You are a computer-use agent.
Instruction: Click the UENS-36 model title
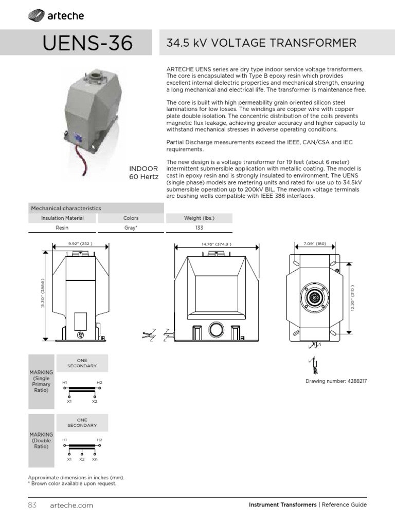click(x=88, y=43)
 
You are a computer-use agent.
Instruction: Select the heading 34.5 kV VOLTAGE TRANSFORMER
click(x=261, y=43)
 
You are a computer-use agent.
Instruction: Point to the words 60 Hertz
click(x=143, y=177)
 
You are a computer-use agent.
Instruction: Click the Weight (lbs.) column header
click(x=199, y=218)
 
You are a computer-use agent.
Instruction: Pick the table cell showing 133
click(x=199, y=228)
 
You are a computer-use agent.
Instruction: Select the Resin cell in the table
click(x=62, y=228)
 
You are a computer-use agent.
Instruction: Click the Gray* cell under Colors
click(x=131, y=228)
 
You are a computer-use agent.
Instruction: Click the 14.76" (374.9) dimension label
click(x=210, y=243)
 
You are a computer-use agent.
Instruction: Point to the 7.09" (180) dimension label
click(x=315, y=243)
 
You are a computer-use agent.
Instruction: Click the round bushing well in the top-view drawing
click(x=315, y=298)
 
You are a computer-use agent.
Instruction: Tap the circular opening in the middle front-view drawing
click(x=213, y=329)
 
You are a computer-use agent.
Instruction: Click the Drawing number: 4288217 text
click(x=336, y=381)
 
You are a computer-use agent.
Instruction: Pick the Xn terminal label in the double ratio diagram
click(x=95, y=459)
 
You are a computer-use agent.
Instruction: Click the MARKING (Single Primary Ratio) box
click(x=41, y=381)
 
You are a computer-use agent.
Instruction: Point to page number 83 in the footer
click(x=32, y=505)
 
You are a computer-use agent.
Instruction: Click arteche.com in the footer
click(x=71, y=505)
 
